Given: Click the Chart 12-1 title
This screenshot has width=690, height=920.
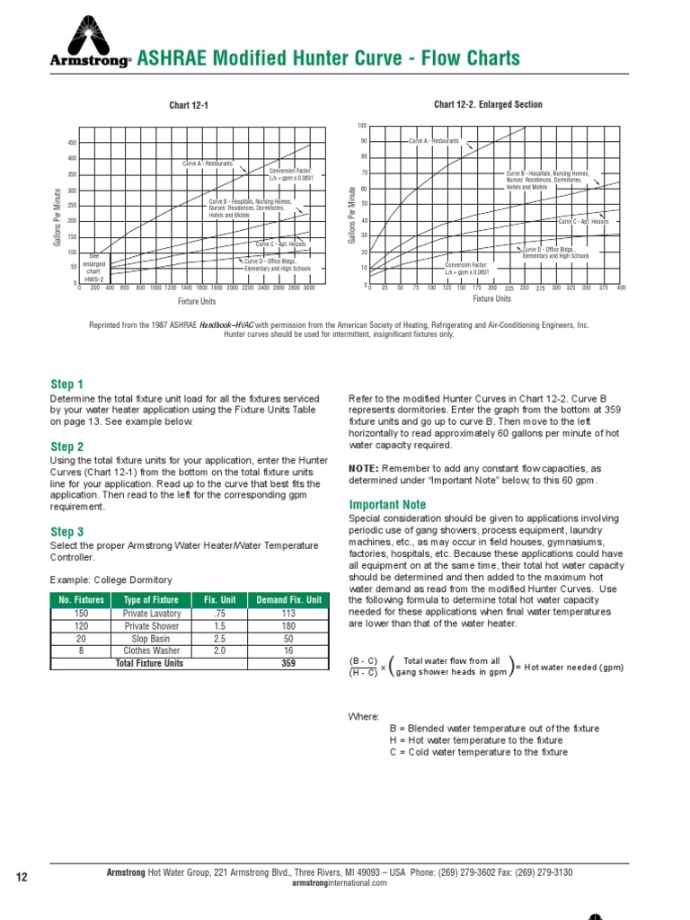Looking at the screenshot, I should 189,106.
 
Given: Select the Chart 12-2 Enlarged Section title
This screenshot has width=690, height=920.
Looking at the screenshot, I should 488,104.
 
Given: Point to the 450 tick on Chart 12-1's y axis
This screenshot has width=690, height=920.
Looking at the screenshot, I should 72,144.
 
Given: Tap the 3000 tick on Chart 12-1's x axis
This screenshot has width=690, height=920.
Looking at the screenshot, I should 308,288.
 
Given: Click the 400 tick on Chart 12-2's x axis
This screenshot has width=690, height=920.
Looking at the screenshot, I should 621,287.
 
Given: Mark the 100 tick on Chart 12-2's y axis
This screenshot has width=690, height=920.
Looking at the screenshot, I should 362,125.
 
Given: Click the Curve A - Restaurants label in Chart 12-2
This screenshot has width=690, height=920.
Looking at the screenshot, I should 434,141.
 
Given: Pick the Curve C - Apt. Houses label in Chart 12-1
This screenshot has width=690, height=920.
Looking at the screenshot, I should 281,244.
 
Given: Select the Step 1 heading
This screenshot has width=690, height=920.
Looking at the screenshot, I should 66,385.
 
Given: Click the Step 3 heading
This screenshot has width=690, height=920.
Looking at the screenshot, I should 66,532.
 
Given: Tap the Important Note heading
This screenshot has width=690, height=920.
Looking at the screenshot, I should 387,505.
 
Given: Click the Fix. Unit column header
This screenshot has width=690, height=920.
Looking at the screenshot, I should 219,600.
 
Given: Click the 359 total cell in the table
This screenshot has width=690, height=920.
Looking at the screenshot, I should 288,663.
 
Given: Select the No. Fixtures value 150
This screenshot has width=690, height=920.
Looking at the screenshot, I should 82,614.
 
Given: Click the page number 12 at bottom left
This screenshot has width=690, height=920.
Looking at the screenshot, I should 23,876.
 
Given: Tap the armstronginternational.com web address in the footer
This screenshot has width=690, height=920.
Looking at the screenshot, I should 340,882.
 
